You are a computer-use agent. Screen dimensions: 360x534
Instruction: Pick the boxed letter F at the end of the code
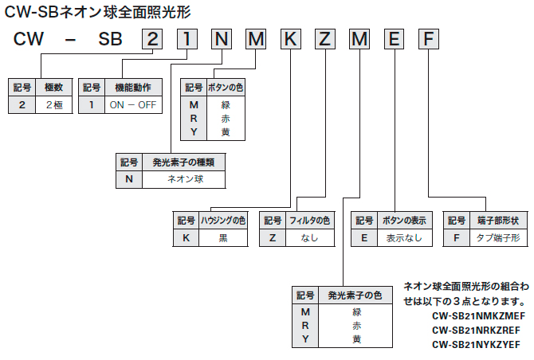pos(430,38)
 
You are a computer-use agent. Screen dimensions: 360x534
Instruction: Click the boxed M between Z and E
pos(359,38)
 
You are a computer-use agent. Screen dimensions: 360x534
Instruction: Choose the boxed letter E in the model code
pos(395,38)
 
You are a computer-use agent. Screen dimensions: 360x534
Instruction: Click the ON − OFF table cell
pos(133,105)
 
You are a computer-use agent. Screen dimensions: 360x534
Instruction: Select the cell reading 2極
pos(53,105)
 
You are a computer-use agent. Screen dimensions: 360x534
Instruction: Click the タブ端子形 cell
pos(498,238)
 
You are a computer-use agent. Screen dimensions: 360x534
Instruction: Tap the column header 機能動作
pos(133,87)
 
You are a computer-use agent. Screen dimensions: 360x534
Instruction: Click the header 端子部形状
pos(498,220)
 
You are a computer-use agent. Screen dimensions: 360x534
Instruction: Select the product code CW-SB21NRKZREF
pos(476,329)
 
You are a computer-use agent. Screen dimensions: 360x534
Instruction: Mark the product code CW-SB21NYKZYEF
pos(476,344)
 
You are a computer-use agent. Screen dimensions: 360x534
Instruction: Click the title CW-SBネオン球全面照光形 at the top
pos(98,11)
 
